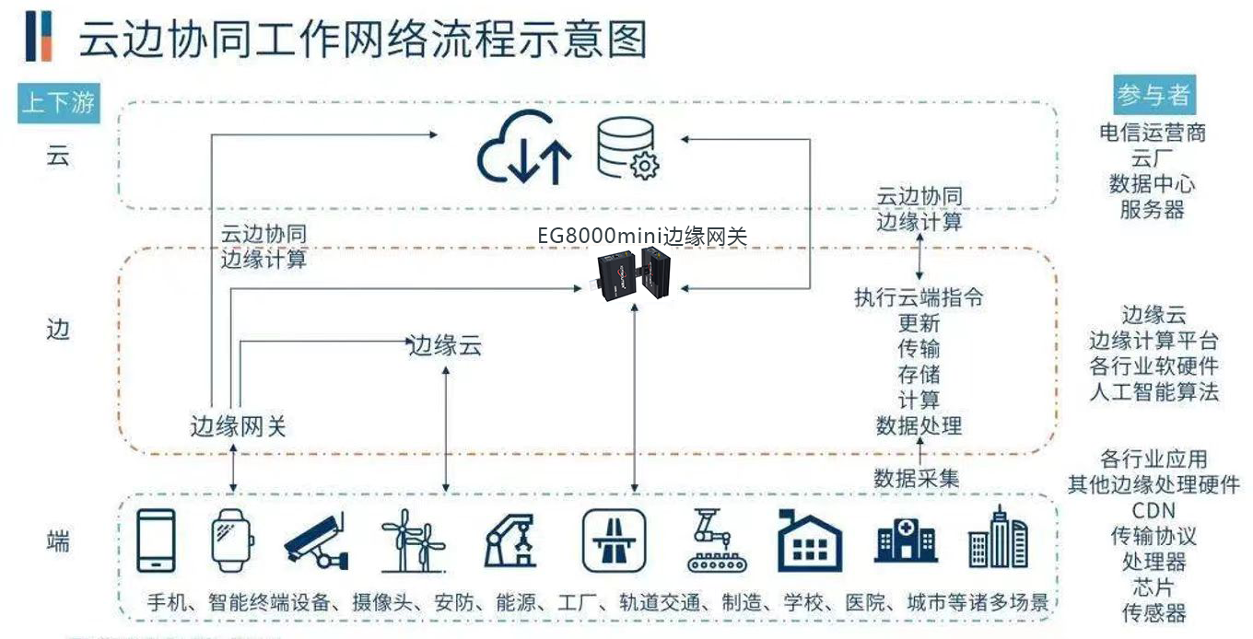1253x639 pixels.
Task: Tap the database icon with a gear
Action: click(x=627, y=148)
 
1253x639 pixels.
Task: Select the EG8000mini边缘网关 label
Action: click(x=642, y=236)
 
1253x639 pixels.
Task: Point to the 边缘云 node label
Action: click(x=446, y=346)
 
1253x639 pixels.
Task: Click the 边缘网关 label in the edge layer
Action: click(x=239, y=426)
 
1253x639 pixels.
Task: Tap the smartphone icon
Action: click(x=156, y=540)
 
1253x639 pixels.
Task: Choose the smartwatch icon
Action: click(x=233, y=540)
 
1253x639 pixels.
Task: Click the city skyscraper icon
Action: click(x=998, y=539)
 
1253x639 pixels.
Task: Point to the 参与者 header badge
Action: click(x=1153, y=95)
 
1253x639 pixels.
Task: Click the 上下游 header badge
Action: click(x=58, y=102)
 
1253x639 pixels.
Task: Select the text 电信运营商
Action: click(x=1153, y=133)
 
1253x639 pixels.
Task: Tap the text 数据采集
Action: click(x=917, y=478)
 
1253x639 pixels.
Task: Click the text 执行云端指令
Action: click(x=919, y=297)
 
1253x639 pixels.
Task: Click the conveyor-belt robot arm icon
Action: click(x=711, y=540)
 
